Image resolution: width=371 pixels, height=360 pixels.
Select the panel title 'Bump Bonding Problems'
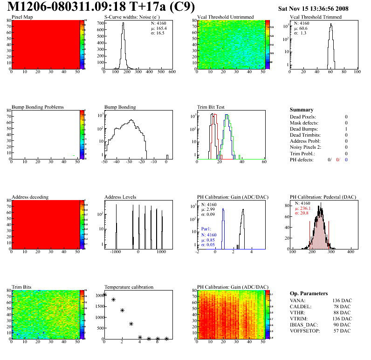[x=38, y=107]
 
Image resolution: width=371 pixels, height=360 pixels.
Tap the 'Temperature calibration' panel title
[x=129, y=287]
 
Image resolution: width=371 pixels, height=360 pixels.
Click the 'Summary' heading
[x=302, y=110]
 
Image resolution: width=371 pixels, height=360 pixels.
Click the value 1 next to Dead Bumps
[x=346, y=129]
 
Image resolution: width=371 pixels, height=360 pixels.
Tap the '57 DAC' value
[x=342, y=331]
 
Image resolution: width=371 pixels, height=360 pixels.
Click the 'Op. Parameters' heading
[x=309, y=293]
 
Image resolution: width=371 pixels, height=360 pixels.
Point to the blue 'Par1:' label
[x=207, y=229]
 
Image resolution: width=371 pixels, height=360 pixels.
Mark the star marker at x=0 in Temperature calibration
[x=104, y=294]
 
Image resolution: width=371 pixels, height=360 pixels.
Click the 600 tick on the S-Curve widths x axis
[x=172, y=72]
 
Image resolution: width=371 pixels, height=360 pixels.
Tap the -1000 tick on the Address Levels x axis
[x=115, y=252]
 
